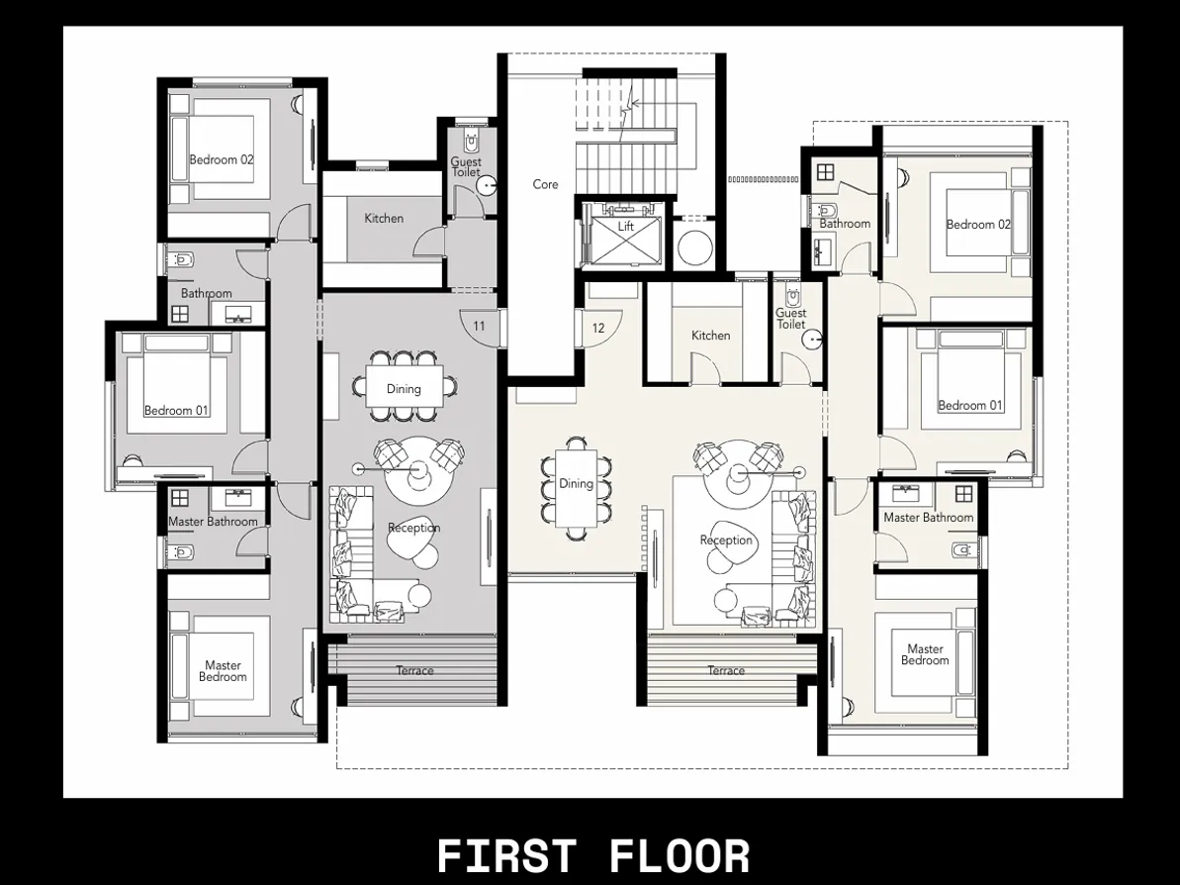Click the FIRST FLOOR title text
click(593, 855)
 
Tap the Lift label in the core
click(625, 227)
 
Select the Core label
click(545, 184)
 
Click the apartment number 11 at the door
click(479, 326)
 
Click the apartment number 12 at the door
click(598, 328)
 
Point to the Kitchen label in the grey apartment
click(384, 218)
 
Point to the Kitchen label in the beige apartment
click(710, 336)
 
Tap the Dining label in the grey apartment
click(404, 389)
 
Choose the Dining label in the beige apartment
click(576, 483)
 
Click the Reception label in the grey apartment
click(413, 528)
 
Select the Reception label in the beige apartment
click(726, 541)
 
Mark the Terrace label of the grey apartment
click(415, 670)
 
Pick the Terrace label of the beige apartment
click(726, 670)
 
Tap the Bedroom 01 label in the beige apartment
click(969, 405)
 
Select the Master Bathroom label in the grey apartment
click(213, 522)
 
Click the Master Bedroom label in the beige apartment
click(925, 655)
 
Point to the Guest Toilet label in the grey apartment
click(466, 166)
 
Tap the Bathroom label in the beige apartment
click(845, 224)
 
